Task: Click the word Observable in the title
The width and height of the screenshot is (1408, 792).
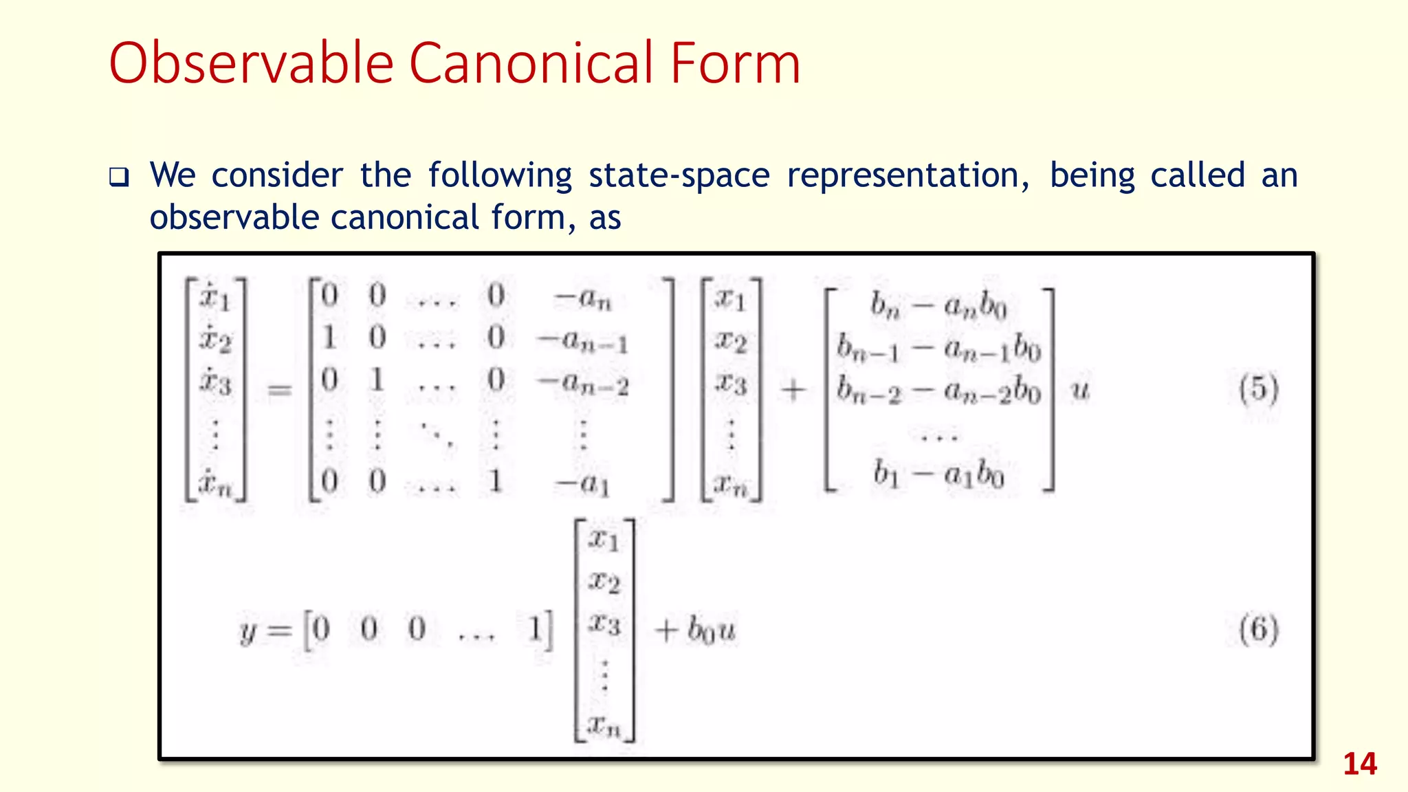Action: [251, 63]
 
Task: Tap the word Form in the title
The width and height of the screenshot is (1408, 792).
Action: [735, 63]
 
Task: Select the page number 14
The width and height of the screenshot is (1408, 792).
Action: [1359, 764]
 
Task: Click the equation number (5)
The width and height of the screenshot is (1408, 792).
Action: [1258, 389]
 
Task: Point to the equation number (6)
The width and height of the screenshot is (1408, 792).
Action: [1258, 629]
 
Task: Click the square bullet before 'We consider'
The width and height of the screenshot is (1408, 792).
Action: [119, 178]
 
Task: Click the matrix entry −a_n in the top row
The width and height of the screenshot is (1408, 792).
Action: [583, 298]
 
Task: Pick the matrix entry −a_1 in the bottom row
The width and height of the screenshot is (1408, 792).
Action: [583, 483]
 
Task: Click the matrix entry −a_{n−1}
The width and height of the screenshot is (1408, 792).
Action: [583, 340]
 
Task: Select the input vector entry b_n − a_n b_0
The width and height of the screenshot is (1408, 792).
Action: [938, 305]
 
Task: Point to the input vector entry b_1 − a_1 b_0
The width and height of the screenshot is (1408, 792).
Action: [938, 474]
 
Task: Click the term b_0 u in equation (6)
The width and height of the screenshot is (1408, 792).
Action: [712, 629]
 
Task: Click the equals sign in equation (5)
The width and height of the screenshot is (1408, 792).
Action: [279, 390]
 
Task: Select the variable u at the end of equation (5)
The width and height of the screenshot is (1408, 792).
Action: [1081, 390]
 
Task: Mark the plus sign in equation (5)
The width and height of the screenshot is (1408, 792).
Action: [793, 390]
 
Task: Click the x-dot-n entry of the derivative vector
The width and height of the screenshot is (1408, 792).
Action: [215, 483]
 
